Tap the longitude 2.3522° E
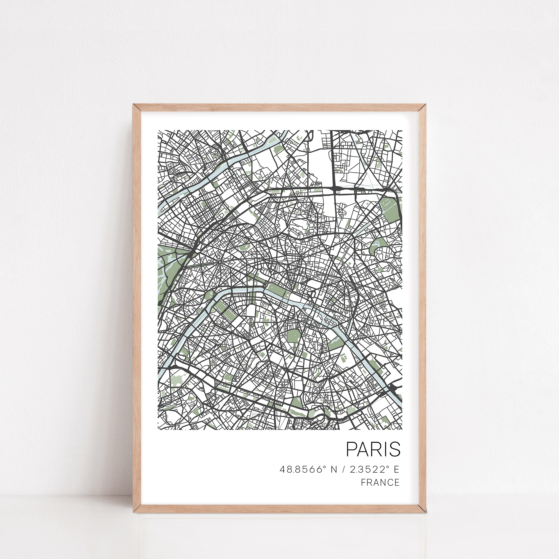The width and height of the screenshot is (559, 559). coord(374,469)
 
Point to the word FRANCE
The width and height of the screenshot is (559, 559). coord(380,482)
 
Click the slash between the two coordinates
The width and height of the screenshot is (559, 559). coord(343,469)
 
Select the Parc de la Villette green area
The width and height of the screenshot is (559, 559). coord(389,207)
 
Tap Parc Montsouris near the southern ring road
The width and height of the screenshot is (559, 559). coord(296,402)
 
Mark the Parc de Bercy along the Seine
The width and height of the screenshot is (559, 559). coord(376,365)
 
